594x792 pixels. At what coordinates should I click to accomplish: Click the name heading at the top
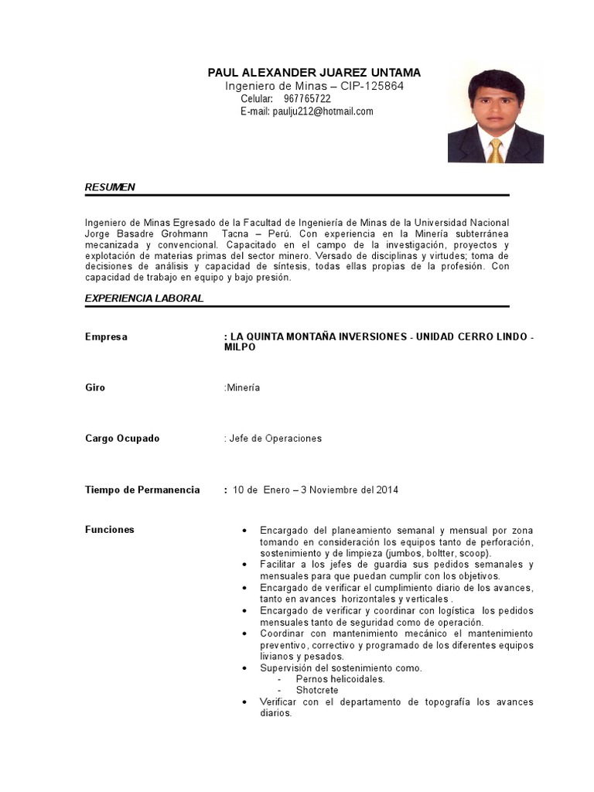(x=314, y=72)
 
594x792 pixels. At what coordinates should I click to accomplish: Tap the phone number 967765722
(x=307, y=99)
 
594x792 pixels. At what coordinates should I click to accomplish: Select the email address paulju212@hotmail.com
(x=322, y=111)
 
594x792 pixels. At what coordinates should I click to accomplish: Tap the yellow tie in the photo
(x=495, y=150)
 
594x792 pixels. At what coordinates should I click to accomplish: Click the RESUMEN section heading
(x=110, y=187)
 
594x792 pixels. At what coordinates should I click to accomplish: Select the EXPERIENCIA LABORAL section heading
(x=144, y=298)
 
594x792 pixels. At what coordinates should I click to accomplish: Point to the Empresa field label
(x=106, y=337)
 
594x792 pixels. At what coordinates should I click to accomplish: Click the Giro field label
(x=95, y=387)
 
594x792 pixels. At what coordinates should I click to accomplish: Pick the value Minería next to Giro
(x=243, y=387)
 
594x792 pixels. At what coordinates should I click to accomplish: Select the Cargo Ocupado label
(x=122, y=439)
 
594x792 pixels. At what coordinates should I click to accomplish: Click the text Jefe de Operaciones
(x=275, y=439)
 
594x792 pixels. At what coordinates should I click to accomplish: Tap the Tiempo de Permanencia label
(x=142, y=490)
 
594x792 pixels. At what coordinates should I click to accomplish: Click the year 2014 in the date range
(x=387, y=490)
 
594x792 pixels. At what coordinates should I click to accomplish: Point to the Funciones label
(x=109, y=530)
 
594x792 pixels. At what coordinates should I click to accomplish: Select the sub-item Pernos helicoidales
(x=340, y=679)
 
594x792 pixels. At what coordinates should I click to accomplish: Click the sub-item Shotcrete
(x=316, y=690)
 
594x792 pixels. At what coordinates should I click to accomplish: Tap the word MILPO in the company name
(x=240, y=348)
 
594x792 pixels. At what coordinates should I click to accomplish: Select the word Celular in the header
(x=257, y=99)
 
